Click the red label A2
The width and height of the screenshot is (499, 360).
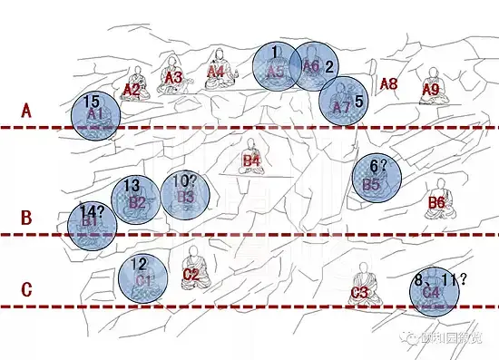(132, 90)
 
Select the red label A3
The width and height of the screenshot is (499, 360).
(173, 78)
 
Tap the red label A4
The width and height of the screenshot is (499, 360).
(216, 72)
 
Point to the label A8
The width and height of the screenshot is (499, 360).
(388, 84)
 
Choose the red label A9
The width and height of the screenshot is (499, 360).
(431, 90)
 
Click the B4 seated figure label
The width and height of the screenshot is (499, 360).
(251, 162)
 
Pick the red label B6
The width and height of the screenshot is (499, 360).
(436, 203)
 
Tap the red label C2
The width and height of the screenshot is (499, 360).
(191, 273)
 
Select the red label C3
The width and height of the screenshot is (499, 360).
(359, 292)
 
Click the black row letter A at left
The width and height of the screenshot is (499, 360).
(26, 111)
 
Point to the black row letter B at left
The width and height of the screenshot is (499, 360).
(26, 218)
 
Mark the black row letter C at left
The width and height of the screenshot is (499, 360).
(26, 290)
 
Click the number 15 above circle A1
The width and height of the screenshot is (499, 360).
(90, 101)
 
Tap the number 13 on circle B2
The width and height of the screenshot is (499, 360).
(132, 186)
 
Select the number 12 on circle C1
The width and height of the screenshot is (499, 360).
(139, 265)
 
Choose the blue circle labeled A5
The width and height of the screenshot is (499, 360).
(276, 67)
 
